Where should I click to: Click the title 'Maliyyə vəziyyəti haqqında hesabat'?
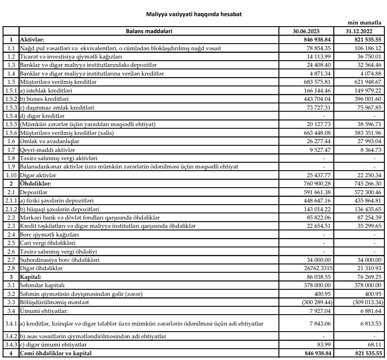tap(193, 14)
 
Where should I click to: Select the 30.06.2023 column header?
tap(306, 31)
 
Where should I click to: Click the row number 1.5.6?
tap(11, 133)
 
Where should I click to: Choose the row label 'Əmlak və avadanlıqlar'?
tap(49, 141)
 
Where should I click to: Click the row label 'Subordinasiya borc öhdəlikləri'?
tap(60, 260)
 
